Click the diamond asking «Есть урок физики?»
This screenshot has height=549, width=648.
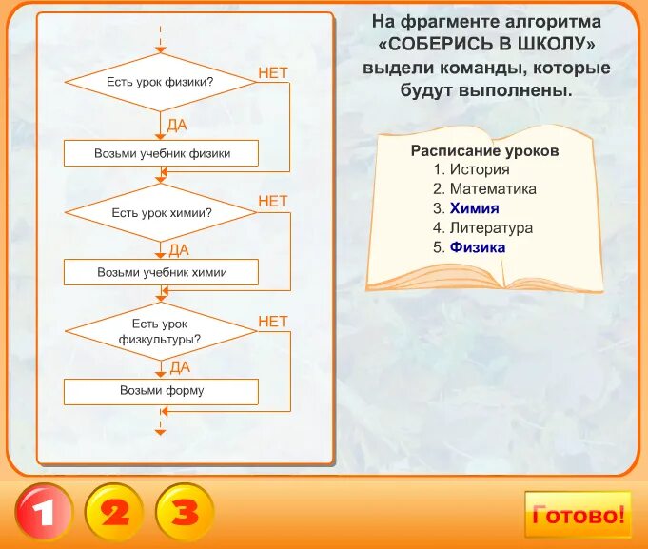point(161,82)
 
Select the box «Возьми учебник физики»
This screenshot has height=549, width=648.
point(161,152)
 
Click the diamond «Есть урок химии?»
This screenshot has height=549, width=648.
point(161,212)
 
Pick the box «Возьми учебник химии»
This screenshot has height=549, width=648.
point(161,272)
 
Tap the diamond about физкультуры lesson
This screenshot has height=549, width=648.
point(161,331)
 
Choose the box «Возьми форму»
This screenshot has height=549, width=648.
point(161,391)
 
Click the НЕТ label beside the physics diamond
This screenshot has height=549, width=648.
point(272,72)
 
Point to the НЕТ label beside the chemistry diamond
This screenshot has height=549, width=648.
point(272,201)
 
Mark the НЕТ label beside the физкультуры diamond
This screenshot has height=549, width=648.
point(272,322)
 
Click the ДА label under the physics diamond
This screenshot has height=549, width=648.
point(178,124)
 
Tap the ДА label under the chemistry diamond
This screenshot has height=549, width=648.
point(178,250)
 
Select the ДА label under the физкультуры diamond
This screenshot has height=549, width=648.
point(178,366)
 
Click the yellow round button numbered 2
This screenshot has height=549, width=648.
point(114,513)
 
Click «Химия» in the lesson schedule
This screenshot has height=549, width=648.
point(474,208)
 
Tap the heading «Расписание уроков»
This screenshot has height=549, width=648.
point(484,151)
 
